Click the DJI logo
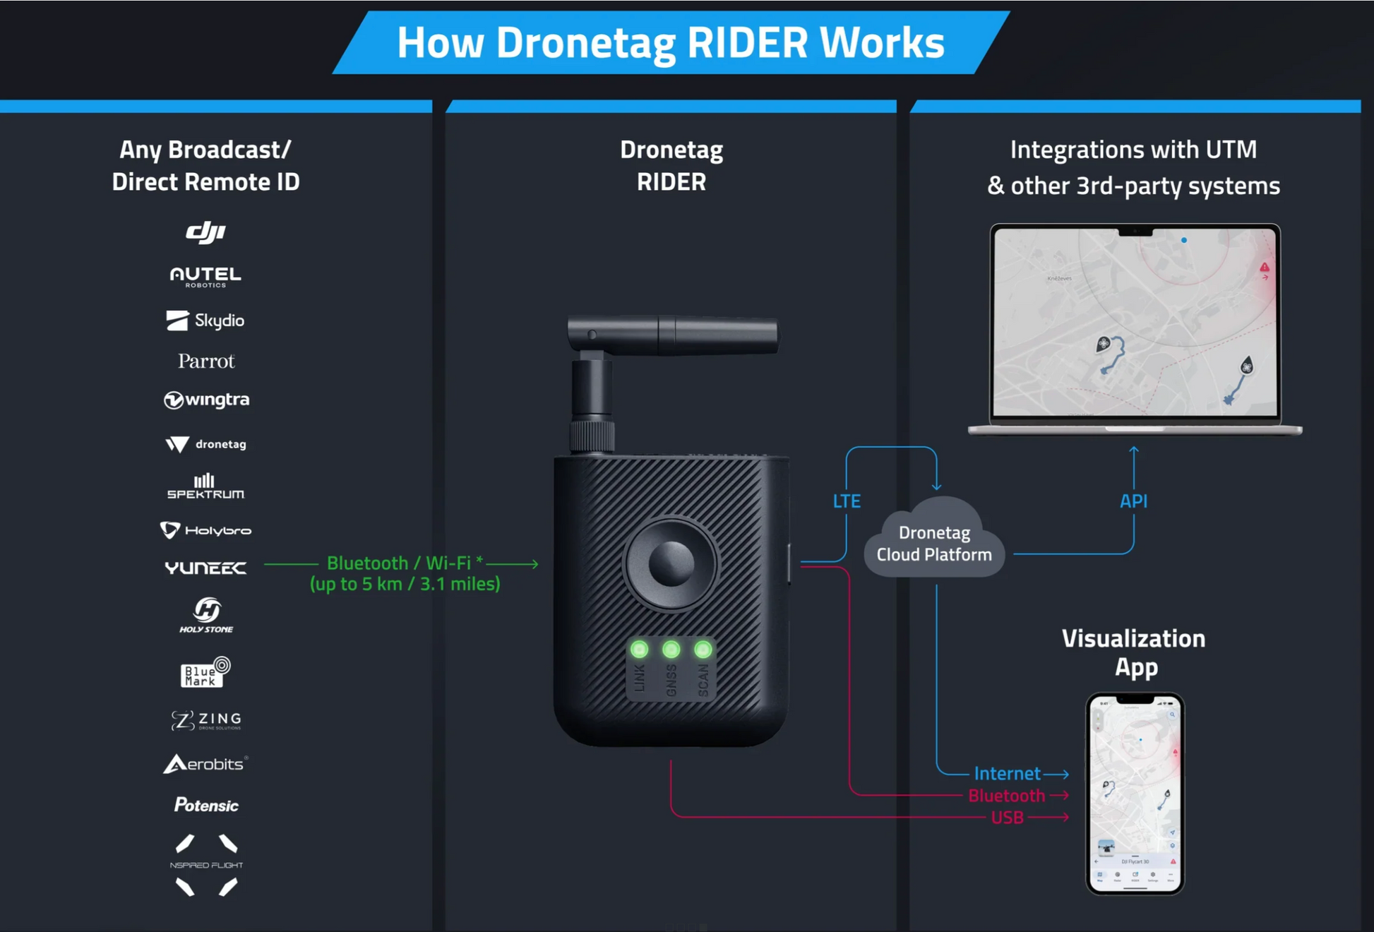click(x=205, y=232)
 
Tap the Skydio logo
click(x=205, y=321)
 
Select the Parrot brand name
click(x=205, y=362)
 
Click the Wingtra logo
click(x=206, y=400)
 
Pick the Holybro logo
click(x=205, y=530)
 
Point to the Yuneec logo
click(x=205, y=568)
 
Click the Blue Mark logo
click(x=205, y=673)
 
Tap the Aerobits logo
click(x=205, y=764)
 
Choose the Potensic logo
click(x=206, y=805)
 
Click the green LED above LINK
click(x=639, y=649)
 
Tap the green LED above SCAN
click(x=703, y=649)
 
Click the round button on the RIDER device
click(x=670, y=563)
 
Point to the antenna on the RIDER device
click(x=671, y=335)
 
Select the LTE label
click(x=846, y=501)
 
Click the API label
click(x=1133, y=501)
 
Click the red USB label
click(x=1007, y=818)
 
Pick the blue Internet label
click(x=1007, y=773)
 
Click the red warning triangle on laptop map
click(x=1264, y=268)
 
